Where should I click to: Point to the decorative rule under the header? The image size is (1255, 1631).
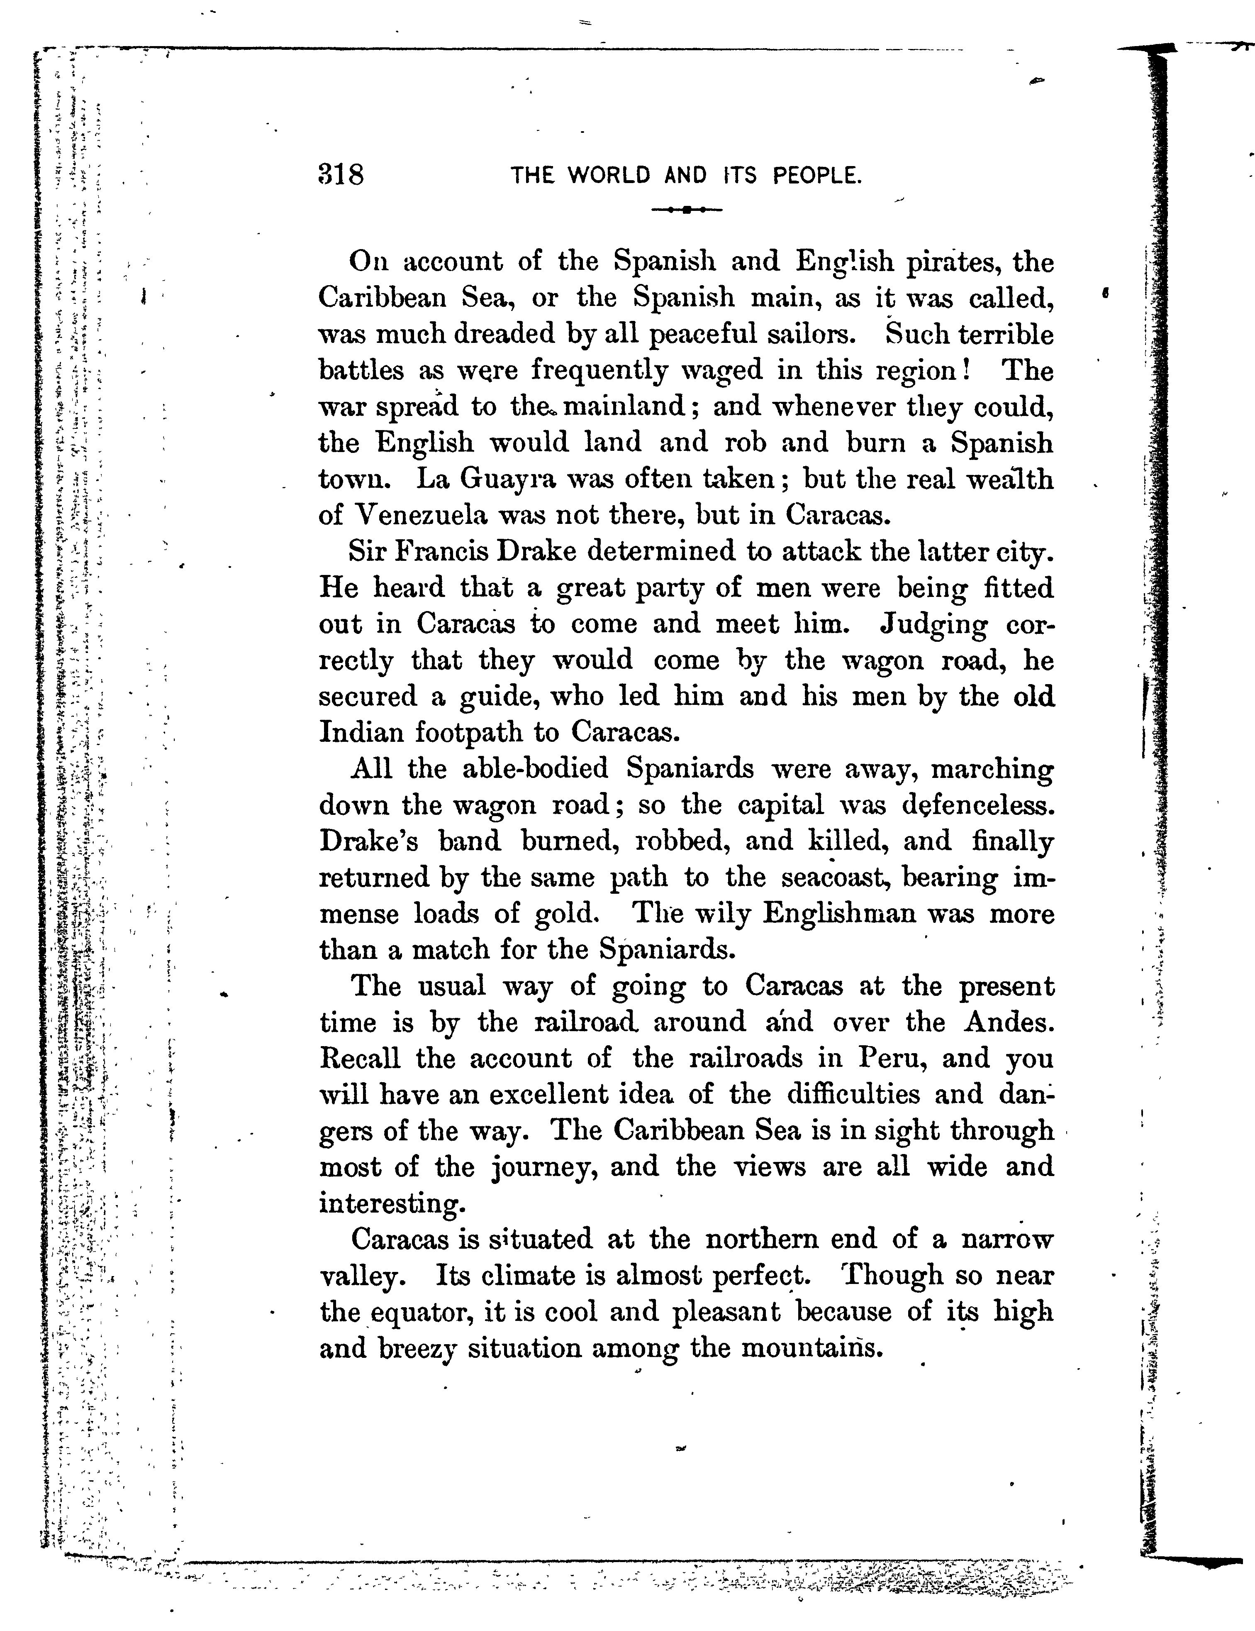tap(686, 210)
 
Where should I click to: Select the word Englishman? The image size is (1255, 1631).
tap(838, 914)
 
